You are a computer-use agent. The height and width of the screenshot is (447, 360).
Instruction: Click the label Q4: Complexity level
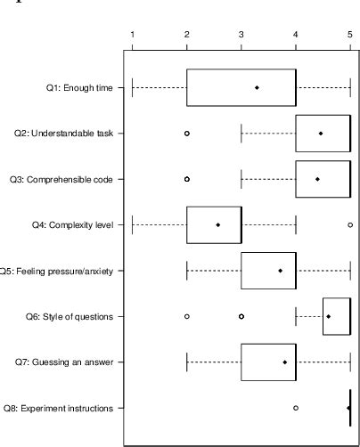click(77, 225)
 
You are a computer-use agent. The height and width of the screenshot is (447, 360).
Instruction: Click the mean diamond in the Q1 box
click(257, 87)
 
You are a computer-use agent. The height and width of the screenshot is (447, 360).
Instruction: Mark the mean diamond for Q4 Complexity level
click(218, 225)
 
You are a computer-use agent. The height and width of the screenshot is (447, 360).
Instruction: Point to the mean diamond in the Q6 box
click(329, 316)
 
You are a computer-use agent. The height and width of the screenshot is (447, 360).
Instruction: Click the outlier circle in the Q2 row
click(187, 134)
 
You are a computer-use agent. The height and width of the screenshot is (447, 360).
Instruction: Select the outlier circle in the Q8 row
click(296, 408)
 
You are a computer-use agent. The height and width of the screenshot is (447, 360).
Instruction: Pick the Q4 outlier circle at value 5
click(350, 225)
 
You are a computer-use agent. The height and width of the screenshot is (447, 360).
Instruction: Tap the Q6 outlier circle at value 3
click(241, 316)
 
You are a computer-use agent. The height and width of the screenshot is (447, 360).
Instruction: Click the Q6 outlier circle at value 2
click(187, 316)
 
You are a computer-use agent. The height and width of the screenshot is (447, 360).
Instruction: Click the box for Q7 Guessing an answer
click(268, 362)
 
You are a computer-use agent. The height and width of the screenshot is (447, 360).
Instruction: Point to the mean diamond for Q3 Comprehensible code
click(317, 179)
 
